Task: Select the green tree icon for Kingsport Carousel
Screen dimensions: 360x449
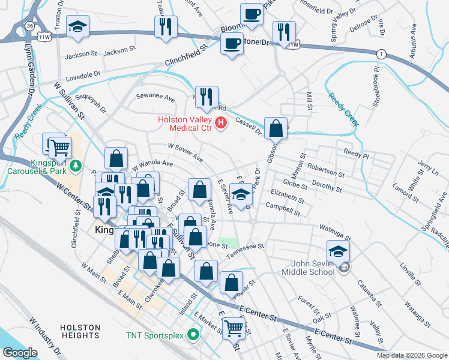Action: click(x=76, y=165)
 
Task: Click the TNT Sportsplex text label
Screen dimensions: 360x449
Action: click(x=155, y=334)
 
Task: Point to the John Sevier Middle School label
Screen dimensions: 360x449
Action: click(x=312, y=268)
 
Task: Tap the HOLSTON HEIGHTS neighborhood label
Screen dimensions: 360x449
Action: click(x=80, y=332)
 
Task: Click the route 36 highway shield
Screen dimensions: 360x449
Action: click(x=29, y=26)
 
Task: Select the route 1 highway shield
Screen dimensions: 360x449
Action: click(x=381, y=54)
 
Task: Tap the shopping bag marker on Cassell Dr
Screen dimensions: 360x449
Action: click(x=275, y=128)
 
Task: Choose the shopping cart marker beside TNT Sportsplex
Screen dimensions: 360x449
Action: click(x=233, y=328)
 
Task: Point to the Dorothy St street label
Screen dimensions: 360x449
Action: click(x=327, y=188)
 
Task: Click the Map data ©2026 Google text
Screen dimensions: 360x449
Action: click(x=412, y=355)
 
